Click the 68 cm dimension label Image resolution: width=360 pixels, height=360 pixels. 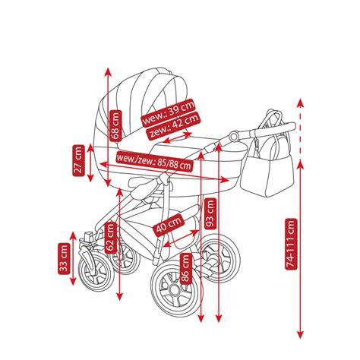116,125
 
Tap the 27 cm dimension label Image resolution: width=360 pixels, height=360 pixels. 78,160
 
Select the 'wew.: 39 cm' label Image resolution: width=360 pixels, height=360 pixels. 168,112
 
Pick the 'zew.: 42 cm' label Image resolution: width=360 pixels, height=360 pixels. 173,125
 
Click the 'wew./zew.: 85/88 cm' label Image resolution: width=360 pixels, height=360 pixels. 155,161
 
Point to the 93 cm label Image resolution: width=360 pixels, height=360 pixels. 210,213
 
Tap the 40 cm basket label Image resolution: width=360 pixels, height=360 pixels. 169,225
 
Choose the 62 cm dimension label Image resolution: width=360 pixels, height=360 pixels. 111,238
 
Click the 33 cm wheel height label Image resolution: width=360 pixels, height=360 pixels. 64,258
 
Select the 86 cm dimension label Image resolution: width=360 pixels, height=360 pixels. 185,269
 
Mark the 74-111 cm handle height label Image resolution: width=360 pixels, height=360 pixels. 291,244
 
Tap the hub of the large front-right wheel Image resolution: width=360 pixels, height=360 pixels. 175,289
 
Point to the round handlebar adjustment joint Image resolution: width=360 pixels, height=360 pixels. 234,136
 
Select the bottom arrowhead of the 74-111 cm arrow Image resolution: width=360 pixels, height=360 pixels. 300,334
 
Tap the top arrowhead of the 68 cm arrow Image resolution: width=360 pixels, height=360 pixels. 108,72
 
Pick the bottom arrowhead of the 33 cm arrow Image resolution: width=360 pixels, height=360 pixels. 73,281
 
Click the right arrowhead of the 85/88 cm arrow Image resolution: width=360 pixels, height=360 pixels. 224,180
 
